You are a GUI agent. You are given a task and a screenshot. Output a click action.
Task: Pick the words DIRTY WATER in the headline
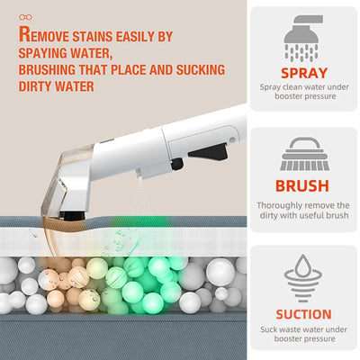(x=59, y=87)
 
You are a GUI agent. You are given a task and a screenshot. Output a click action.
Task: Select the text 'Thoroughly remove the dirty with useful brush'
(x=303, y=211)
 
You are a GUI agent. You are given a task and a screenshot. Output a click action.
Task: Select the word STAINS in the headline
(x=94, y=37)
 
